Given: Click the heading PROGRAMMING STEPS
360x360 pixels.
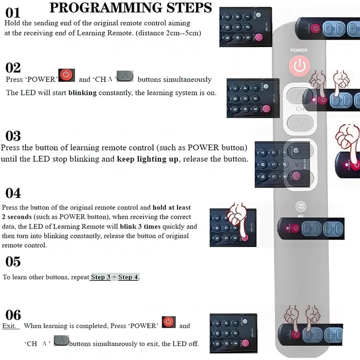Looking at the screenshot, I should coord(130,8).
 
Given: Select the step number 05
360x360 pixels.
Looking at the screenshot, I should coord(13,261).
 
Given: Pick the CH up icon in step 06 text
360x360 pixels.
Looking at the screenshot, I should coord(61,340).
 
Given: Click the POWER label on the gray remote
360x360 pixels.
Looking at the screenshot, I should coord(299,50).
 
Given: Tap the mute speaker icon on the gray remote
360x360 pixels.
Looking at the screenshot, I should coord(300,207).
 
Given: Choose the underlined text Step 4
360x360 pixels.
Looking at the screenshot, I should coord(128,277).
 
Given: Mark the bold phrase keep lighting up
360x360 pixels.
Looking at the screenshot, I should coord(148,159).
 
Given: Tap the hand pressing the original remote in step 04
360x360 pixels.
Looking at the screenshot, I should coord(238,218).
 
